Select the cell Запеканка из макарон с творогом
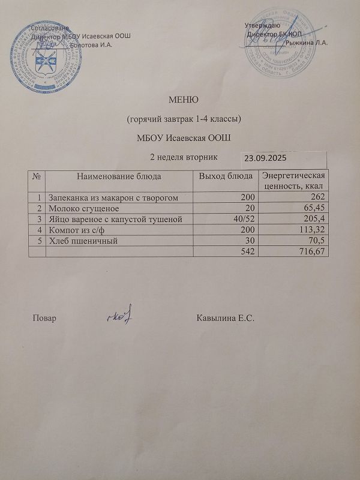(x=113, y=197)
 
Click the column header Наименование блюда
(x=119, y=176)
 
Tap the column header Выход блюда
(x=226, y=176)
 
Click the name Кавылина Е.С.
(x=226, y=317)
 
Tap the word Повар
(x=44, y=318)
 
